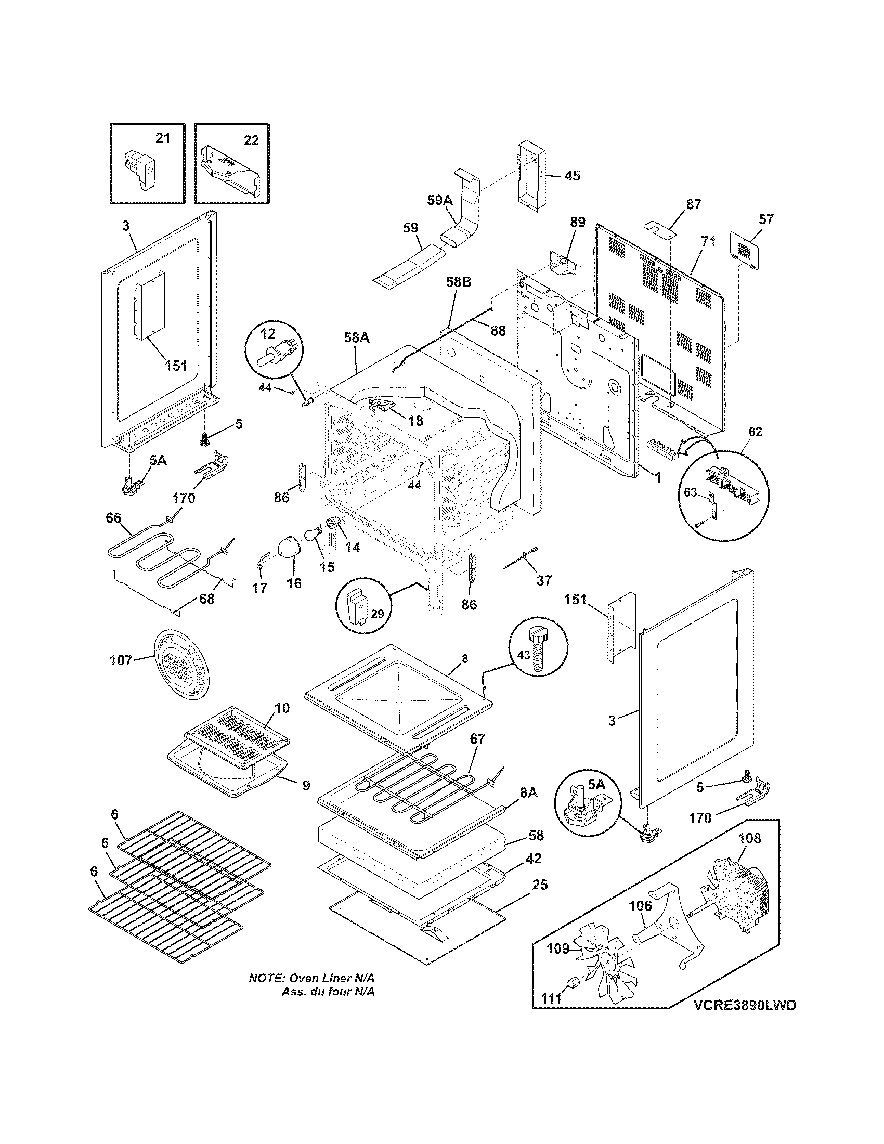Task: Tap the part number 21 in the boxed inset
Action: [x=162, y=139]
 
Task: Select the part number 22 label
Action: [x=251, y=140]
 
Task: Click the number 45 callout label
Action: [x=571, y=176]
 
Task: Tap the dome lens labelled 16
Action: [x=289, y=548]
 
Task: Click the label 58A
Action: [x=356, y=339]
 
